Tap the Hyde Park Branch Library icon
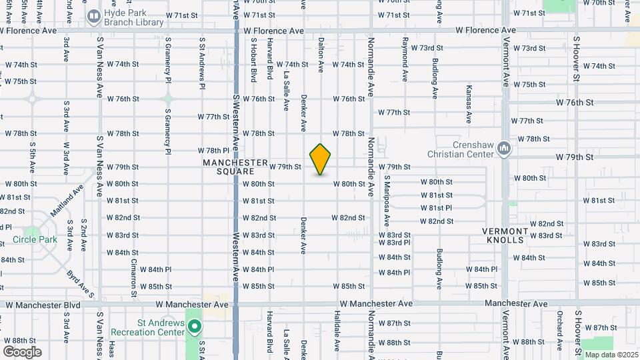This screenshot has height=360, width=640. (93, 15)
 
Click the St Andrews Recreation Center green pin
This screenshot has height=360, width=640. (195, 327)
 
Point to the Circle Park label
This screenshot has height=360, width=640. (29, 239)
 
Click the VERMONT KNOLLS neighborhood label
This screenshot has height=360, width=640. (505, 235)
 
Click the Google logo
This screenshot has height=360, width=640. (22, 352)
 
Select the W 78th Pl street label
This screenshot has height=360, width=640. (213, 151)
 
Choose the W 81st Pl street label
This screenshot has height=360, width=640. (437, 208)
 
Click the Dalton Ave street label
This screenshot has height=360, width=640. (321, 55)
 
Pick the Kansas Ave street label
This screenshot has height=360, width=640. (469, 104)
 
